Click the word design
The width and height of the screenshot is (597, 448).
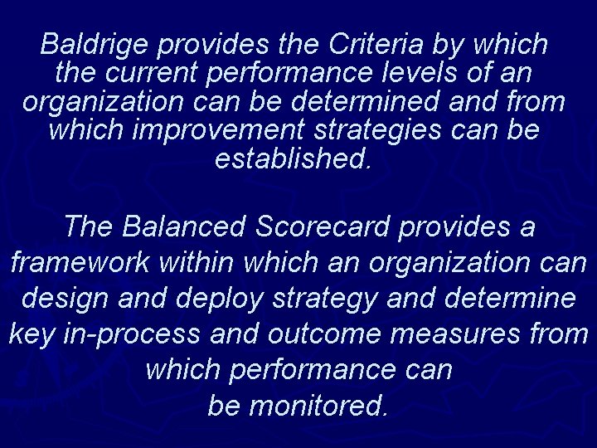click(x=63, y=298)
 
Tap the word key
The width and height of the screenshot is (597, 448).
click(x=29, y=334)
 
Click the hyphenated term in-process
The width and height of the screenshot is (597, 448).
click(x=131, y=334)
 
